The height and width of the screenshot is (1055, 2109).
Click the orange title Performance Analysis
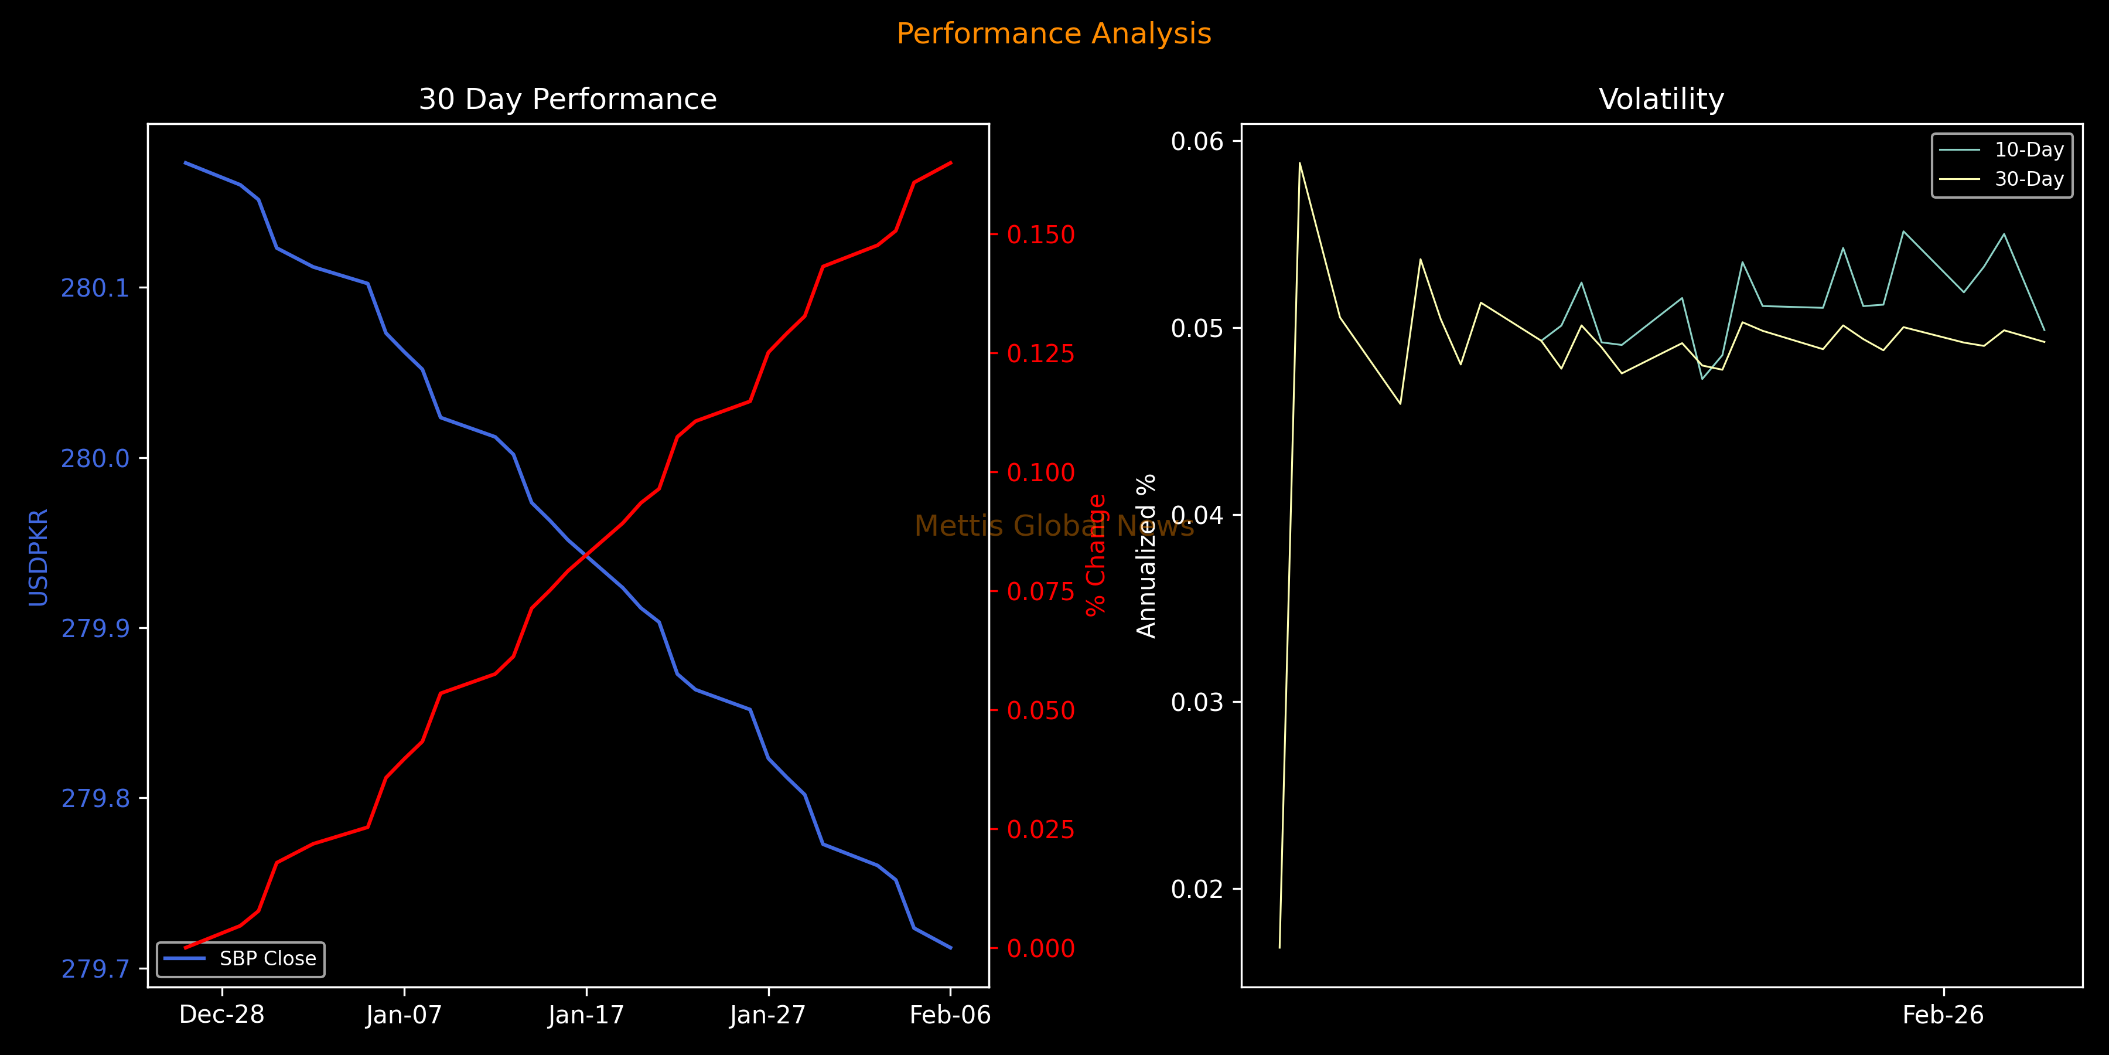coord(1054,33)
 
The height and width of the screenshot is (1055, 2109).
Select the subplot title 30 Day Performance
coord(567,99)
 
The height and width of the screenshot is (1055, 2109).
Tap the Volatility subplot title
coord(1661,99)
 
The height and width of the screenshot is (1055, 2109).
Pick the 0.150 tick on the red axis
coord(1040,234)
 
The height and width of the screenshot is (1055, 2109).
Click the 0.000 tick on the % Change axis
coord(1040,948)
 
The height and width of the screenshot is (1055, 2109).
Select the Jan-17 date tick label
coord(586,1015)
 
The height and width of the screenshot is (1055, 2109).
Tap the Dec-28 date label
coord(222,1015)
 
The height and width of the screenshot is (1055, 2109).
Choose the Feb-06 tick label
coord(950,1015)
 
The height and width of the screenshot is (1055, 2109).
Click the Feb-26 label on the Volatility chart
coord(1943,1015)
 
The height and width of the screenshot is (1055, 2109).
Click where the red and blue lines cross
coord(586,556)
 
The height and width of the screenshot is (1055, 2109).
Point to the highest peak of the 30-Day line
coord(1299,163)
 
